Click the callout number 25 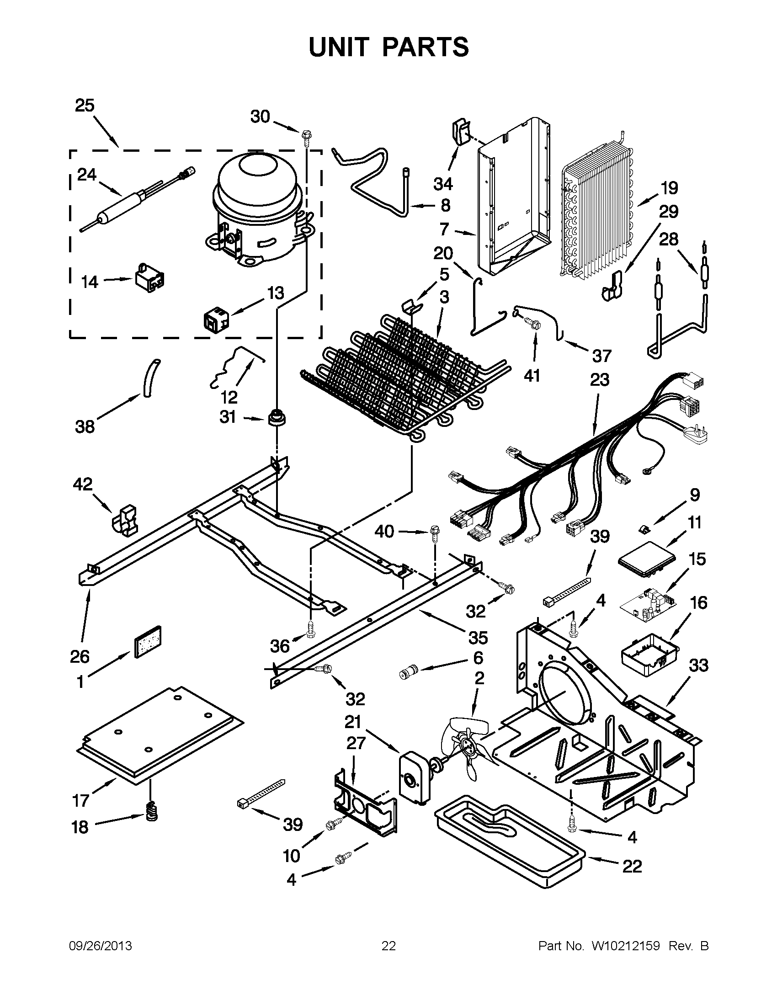coord(85,106)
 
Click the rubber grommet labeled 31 coord(276,418)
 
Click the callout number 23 coord(600,380)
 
